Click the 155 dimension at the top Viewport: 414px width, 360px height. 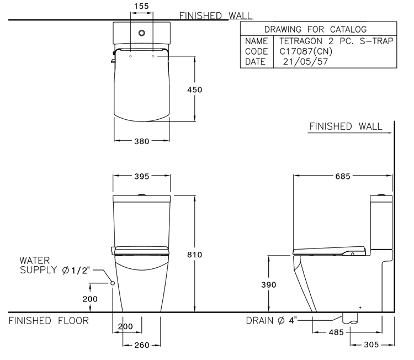pos(141,6)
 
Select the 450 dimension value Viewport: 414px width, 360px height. pos(194,89)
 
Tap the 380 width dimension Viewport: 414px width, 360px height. pos(141,141)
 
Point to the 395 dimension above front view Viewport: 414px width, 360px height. pos(141,177)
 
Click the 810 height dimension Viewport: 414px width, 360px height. pos(195,255)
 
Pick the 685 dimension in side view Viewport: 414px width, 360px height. pos(343,177)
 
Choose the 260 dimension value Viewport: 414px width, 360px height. pos(141,345)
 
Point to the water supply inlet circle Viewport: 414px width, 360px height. pos(113,283)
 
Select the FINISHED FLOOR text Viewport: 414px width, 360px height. pos(49,320)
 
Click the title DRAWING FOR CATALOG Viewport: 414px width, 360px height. pos(316,29)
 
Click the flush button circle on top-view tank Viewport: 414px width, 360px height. pos(143,32)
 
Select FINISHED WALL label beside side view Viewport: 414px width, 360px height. pos(346,126)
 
